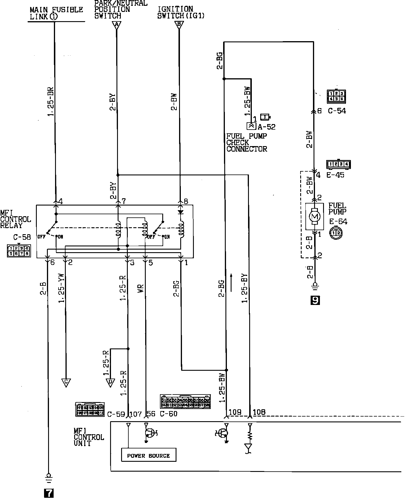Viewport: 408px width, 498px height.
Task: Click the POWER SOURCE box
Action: [x=148, y=455]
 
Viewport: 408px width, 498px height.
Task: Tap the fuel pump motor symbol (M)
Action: [x=315, y=216]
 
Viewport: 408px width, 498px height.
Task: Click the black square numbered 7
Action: [x=48, y=493]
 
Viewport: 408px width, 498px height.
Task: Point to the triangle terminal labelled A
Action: [x=116, y=26]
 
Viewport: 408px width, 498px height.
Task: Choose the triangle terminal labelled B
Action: [x=179, y=26]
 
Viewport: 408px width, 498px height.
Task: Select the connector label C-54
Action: [x=337, y=111]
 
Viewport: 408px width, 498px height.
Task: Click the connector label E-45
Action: [x=335, y=175]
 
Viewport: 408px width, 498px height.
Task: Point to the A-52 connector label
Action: [x=267, y=127]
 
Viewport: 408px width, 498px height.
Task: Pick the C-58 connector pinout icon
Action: [x=19, y=251]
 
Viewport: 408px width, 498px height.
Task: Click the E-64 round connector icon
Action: [x=336, y=233]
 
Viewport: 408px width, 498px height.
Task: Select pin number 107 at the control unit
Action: [x=136, y=414]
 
